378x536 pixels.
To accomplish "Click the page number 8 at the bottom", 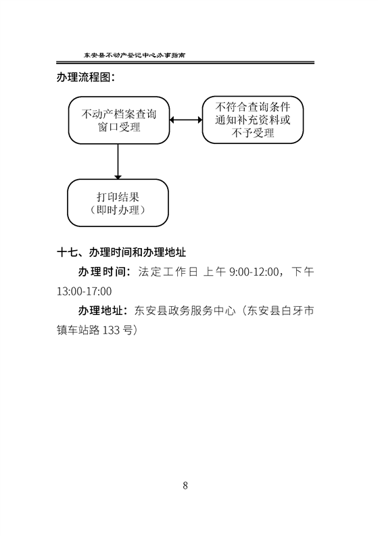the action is (185, 485).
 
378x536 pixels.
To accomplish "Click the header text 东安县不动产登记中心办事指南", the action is (135, 55).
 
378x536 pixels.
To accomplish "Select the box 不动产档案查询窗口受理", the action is (119, 120).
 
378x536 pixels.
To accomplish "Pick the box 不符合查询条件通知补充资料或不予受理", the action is (253, 120).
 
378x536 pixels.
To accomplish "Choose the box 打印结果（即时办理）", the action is (118, 203).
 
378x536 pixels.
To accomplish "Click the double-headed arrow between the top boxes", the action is (186, 120).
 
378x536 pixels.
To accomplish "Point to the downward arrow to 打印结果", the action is (118, 162).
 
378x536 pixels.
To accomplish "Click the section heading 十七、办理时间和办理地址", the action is (122, 252).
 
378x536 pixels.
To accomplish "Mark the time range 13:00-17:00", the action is (84, 291).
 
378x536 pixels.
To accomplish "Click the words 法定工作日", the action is (168, 272).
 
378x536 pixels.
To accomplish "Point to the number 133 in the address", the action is (111, 331).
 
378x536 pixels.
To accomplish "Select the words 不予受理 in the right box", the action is (253, 133).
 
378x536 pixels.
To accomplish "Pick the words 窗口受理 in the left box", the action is (120, 127).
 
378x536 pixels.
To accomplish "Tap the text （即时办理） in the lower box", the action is (118, 210).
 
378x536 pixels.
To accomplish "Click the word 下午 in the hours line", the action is (303, 272).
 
